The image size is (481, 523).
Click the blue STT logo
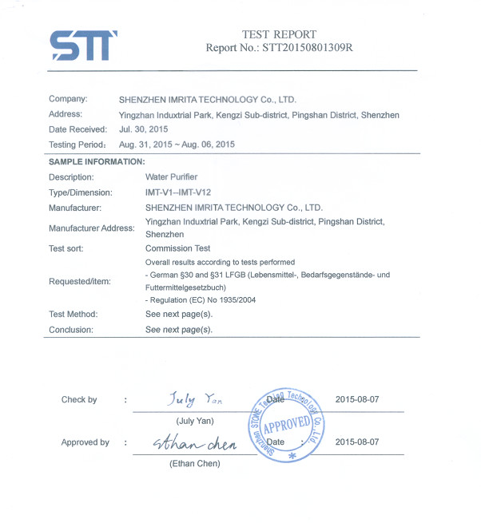[83, 46]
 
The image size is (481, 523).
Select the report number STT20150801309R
[307, 48]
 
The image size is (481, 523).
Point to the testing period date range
[177, 145]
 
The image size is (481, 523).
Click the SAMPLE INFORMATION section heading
[97, 162]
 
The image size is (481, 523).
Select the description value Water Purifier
[171, 177]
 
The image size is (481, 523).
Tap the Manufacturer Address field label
[92, 228]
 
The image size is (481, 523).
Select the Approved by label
[85, 442]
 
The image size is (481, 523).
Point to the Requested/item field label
[79, 281]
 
